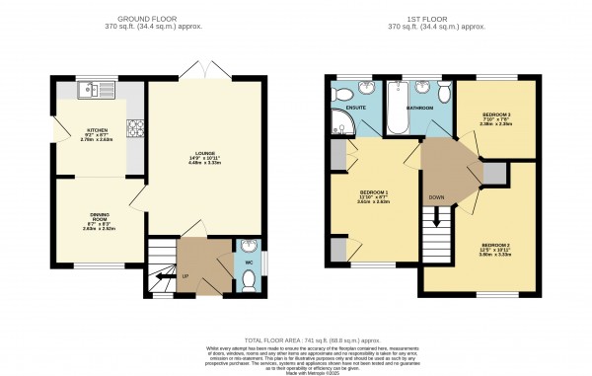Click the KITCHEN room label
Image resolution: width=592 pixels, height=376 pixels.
click(96, 130)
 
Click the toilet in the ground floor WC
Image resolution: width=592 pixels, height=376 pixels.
click(248, 279)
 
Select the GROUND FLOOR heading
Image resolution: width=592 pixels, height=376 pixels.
click(159, 19)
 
